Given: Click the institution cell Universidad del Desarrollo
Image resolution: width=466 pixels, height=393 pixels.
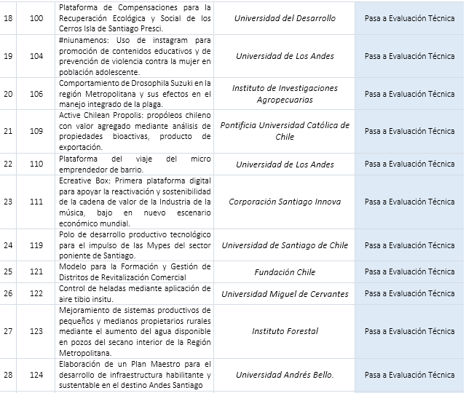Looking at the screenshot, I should [285, 18].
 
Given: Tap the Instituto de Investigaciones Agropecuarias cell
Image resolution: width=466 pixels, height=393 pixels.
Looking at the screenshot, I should [285, 94].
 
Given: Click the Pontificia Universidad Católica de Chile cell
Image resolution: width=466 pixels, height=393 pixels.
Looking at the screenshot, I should [285, 131].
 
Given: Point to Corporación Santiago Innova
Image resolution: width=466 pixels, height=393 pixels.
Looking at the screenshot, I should [285, 202].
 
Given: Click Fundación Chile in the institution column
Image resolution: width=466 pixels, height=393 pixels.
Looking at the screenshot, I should [285, 272].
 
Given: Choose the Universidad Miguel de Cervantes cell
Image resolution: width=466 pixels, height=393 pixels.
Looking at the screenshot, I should [285, 294].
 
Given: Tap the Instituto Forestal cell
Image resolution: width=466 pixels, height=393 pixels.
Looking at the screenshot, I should [285, 331].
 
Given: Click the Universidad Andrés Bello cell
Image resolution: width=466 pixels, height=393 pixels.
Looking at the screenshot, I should [285, 375].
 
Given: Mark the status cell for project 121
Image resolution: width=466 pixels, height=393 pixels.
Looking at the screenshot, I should [409, 272].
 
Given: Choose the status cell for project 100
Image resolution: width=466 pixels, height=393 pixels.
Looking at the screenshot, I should [409, 18].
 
